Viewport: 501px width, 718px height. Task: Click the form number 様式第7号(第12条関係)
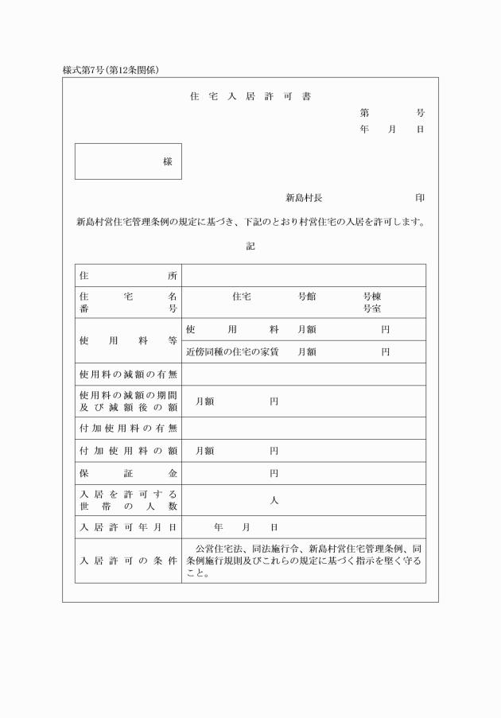click(x=111, y=70)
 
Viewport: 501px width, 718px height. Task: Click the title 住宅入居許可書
click(x=250, y=97)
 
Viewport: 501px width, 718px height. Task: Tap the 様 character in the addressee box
click(x=168, y=161)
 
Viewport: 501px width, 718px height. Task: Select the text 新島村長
click(x=304, y=197)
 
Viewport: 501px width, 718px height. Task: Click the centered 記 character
click(x=250, y=246)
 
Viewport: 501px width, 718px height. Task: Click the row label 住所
click(x=128, y=275)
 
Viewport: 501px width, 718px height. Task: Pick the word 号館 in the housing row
click(x=307, y=296)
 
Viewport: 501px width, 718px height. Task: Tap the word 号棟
click(x=372, y=296)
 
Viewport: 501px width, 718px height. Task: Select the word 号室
click(x=372, y=309)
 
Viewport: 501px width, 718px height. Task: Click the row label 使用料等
click(x=128, y=340)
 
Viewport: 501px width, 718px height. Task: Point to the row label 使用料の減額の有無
click(x=128, y=374)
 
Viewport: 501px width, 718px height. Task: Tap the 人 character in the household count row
click(x=274, y=500)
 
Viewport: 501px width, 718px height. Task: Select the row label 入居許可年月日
click(x=128, y=527)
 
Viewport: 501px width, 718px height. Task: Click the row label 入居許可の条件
click(x=128, y=561)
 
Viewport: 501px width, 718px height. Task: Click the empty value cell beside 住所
click(x=303, y=275)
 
